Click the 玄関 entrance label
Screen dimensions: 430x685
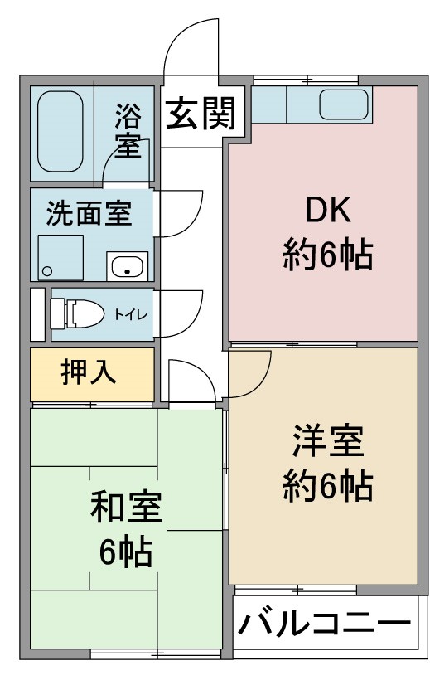tap(201, 113)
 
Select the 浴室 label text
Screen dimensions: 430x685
tap(128, 131)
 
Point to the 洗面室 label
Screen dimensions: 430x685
tap(89, 213)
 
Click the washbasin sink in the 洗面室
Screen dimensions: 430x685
tap(127, 266)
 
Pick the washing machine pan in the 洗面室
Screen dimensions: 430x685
tap(60, 258)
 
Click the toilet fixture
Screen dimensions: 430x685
tap(77, 313)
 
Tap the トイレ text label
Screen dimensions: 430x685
tap(131, 314)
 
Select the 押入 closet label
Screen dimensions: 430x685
tap(88, 372)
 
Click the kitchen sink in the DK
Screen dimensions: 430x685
tap(343, 104)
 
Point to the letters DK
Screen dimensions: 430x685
tap(328, 210)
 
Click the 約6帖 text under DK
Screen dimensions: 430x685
tap(327, 255)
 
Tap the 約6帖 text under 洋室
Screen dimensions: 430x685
tap(327, 486)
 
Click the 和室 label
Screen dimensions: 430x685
tap(126, 507)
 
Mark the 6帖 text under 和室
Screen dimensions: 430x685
tap(126, 551)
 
